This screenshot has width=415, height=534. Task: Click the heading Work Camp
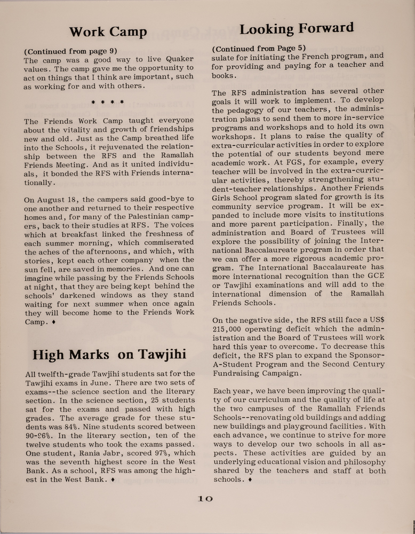(108, 32)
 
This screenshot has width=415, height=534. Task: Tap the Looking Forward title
(297, 28)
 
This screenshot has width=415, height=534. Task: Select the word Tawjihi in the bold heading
(155, 355)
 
